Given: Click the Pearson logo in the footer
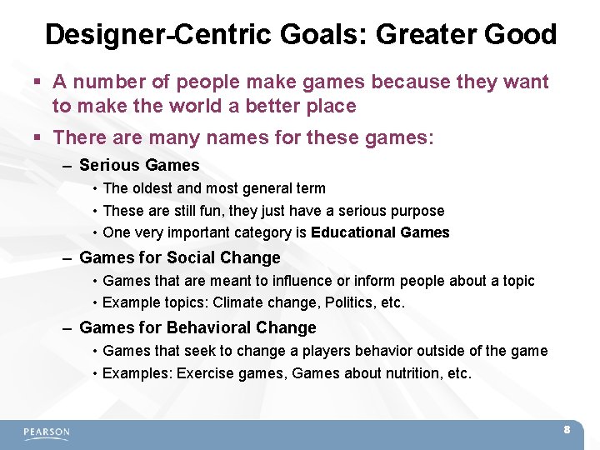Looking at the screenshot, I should click(x=47, y=432).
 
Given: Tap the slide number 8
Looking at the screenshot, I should click(x=567, y=430).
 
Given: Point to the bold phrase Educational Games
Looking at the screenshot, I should click(x=380, y=233).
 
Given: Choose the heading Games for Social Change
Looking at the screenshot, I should click(x=179, y=258).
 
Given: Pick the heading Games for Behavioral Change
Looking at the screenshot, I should click(x=197, y=328).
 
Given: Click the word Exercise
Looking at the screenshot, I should click(x=204, y=373).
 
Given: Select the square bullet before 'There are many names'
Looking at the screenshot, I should click(x=38, y=137).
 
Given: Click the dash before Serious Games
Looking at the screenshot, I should click(x=67, y=166).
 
